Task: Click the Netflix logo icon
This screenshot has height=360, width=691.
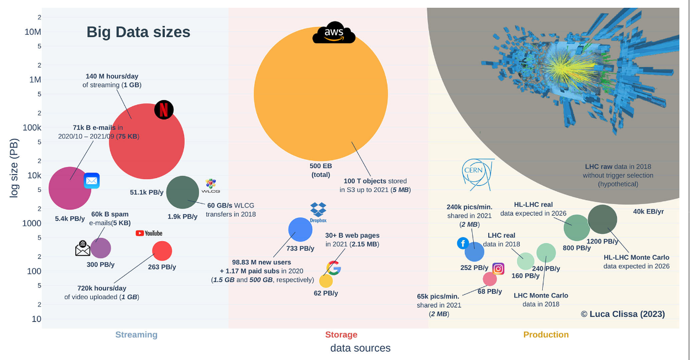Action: pyautogui.click(x=164, y=110)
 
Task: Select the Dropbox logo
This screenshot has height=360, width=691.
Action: pyautogui.click(x=318, y=211)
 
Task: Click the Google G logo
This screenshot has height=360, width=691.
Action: pyautogui.click(x=333, y=268)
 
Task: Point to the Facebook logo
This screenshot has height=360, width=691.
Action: pyautogui.click(x=463, y=243)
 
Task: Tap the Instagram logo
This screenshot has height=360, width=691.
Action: pyautogui.click(x=498, y=269)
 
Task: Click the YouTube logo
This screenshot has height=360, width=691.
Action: pyautogui.click(x=149, y=233)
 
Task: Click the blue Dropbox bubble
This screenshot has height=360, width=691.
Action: pyautogui.click(x=300, y=229)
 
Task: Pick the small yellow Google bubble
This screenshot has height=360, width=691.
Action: pyautogui.click(x=326, y=281)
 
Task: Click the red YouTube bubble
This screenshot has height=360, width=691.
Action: pyautogui.click(x=162, y=251)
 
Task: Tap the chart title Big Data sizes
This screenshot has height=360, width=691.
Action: pyautogui.click(x=138, y=32)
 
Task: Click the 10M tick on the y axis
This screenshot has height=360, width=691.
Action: pyautogui.click(x=33, y=32)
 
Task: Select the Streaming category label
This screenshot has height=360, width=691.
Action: pyautogui.click(x=136, y=335)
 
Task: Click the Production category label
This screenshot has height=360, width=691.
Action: pyautogui.click(x=546, y=335)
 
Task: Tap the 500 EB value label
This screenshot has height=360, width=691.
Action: pyautogui.click(x=321, y=165)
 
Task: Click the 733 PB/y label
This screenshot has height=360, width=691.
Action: pyautogui.click(x=300, y=248)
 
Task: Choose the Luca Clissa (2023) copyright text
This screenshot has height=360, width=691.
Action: pyautogui.click(x=622, y=314)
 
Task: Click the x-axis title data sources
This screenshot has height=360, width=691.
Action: pyautogui.click(x=360, y=348)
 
